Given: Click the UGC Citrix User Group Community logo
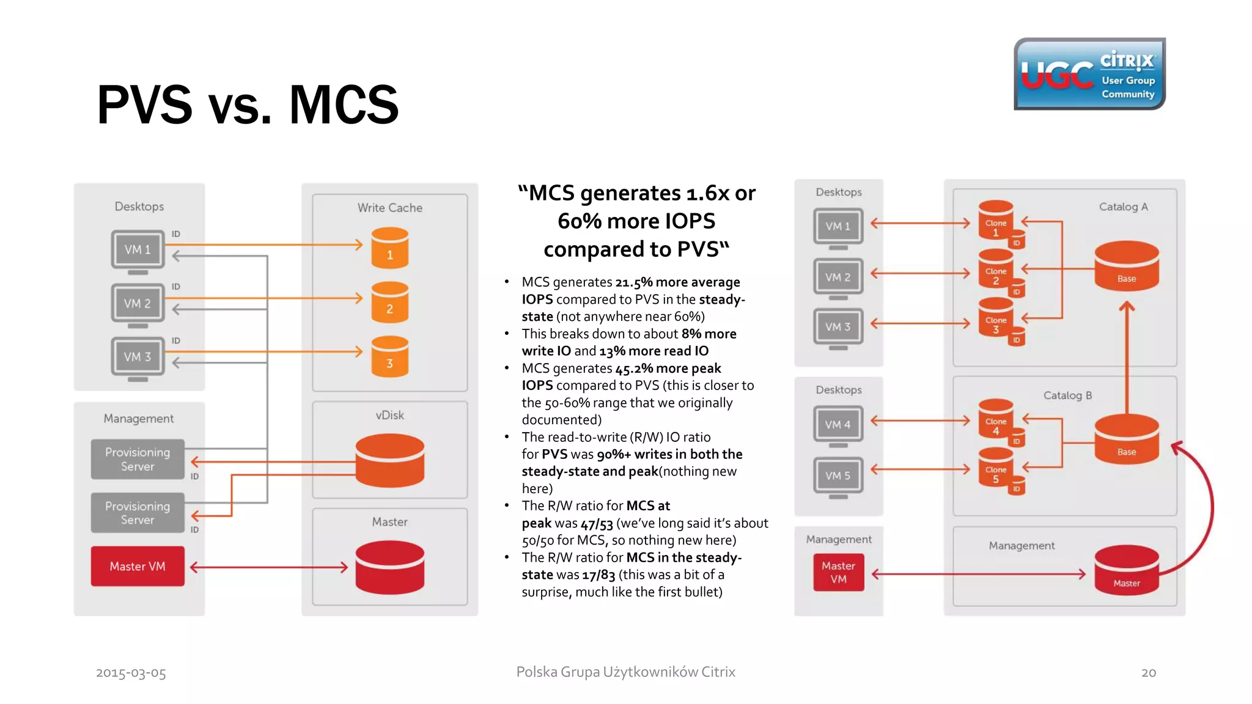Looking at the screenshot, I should (x=1089, y=74).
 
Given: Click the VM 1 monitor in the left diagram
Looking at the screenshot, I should (x=138, y=249).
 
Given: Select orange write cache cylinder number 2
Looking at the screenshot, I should (x=389, y=302).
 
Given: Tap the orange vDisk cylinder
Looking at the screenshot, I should (x=389, y=460).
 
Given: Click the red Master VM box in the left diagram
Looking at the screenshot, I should (x=138, y=566).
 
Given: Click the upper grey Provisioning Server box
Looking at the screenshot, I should (x=138, y=459).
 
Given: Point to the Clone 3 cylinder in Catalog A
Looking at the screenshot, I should (x=996, y=318).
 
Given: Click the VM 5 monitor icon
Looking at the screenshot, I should (x=838, y=475).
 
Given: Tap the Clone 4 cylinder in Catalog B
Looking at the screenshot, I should (x=996, y=419).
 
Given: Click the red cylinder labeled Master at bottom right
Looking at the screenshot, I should (x=1126, y=570).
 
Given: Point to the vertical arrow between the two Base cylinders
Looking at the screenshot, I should (x=1127, y=361).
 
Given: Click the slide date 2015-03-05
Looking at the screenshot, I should (x=131, y=673).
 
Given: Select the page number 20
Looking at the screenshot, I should (x=1148, y=673).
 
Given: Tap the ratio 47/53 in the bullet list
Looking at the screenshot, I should (x=597, y=524).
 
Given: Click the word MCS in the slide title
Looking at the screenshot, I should (x=344, y=105).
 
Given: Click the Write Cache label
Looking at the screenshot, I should (x=389, y=208).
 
